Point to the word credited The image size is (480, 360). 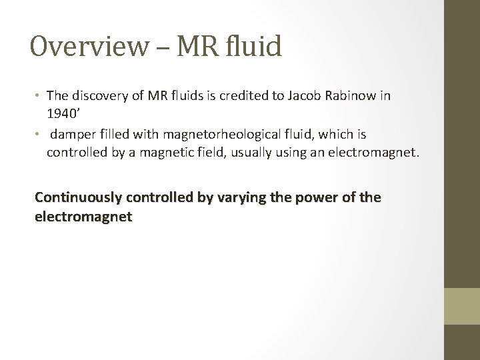pos(254,95)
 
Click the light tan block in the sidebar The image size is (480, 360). pos(462,306)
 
